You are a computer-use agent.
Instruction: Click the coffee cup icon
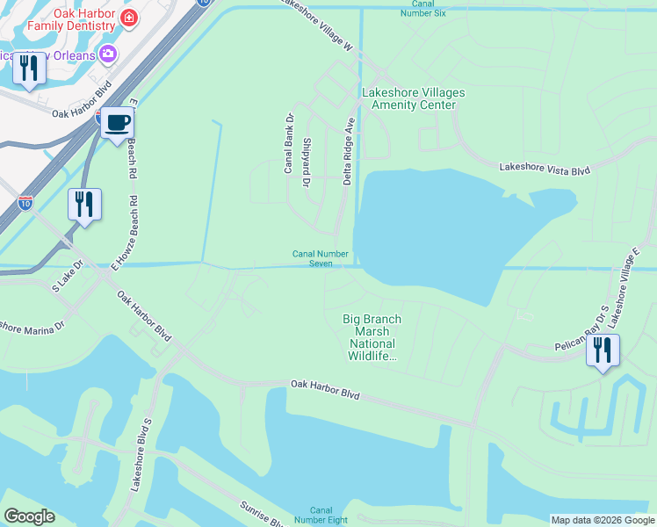pyautogui.click(x=117, y=122)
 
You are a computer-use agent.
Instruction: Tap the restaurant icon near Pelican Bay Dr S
pyautogui.click(x=603, y=350)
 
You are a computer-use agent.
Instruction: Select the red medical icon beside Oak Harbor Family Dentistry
pyautogui.click(x=129, y=18)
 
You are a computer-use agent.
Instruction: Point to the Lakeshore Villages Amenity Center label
pyautogui.click(x=413, y=98)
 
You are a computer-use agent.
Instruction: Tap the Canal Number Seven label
pyautogui.click(x=320, y=259)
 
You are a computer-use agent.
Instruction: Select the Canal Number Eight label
pyautogui.click(x=321, y=516)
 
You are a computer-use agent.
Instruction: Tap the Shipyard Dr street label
pyautogui.click(x=307, y=162)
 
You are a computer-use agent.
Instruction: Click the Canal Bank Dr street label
pyautogui.click(x=288, y=142)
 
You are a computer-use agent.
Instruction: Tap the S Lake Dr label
pyautogui.click(x=67, y=275)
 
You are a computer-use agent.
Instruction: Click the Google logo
pyautogui.click(x=29, y=516)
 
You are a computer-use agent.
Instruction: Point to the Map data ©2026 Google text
pyautogui.click(x=603, y=520)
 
